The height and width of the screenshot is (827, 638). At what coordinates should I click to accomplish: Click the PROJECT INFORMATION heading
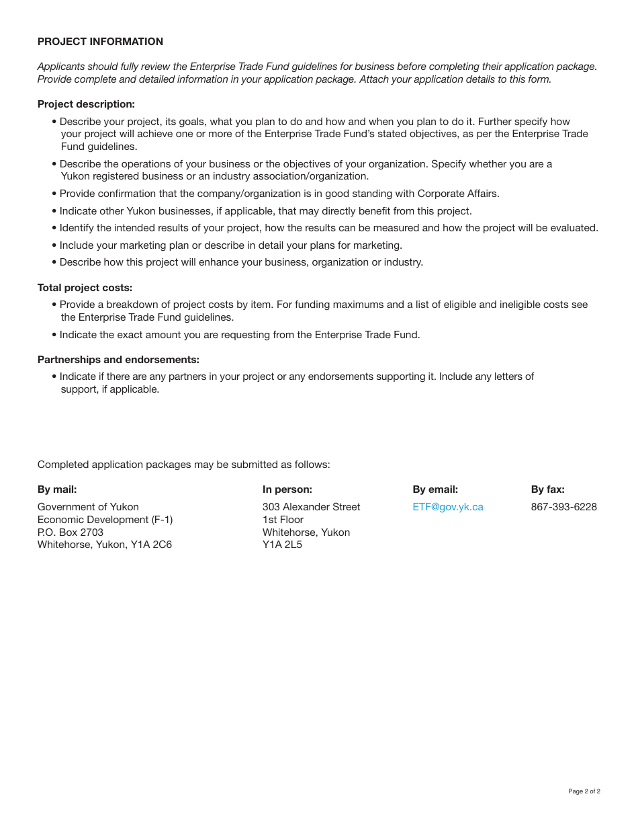coord(100,42)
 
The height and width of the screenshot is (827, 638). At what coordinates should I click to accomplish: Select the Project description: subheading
coord(86,104)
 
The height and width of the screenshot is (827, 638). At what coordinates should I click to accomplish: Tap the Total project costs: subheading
coord(85,288)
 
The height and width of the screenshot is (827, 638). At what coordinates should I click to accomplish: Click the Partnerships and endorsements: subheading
coord(118,360)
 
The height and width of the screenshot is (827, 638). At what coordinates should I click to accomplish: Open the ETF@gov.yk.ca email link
coord(448,507)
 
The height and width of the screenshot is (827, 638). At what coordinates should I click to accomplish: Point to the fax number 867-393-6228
coord(563,507)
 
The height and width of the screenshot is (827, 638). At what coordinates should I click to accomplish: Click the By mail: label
coord(57,489)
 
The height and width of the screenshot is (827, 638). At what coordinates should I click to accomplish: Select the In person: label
coord(287,489)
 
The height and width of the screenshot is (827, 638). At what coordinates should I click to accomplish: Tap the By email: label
coord(435,489)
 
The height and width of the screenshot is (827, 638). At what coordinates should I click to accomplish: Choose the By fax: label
coord(547,489)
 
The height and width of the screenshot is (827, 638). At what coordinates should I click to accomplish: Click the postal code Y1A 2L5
coord(282,545)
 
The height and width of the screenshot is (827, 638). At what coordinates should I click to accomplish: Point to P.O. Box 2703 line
coord(71,533)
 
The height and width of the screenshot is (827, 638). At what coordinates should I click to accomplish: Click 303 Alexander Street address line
coord(311,507)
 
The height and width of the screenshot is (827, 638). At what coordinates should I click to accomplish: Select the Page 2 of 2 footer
coord(584,791)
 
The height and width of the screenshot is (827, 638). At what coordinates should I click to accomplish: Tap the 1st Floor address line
coord(283,520)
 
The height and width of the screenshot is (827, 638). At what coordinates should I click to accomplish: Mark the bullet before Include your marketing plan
coord(54,245)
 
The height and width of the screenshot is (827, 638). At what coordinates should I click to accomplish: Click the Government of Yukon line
coord(88,507)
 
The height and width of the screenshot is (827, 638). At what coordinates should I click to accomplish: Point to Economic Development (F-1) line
coord(105,520)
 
